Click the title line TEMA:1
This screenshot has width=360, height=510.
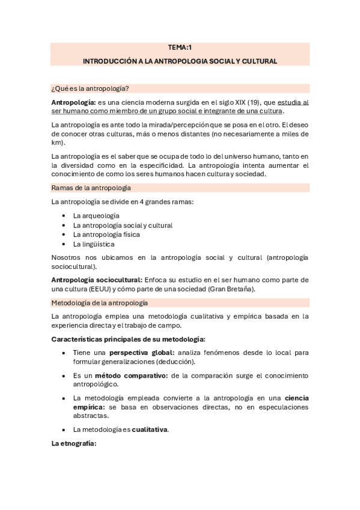(x=180, y=48)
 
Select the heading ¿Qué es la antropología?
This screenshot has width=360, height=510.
(x=90, y=88)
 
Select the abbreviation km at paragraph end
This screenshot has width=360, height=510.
(x=57, y=143)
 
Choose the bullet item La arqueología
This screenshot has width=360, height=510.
(x=96, y=215)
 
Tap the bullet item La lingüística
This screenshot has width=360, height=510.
(x=94, y=244)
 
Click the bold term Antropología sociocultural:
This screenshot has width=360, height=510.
(x=97, y=280)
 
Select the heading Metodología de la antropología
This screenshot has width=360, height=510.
(x=100, y=303)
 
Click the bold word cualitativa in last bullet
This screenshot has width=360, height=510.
(x=150, y=429)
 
